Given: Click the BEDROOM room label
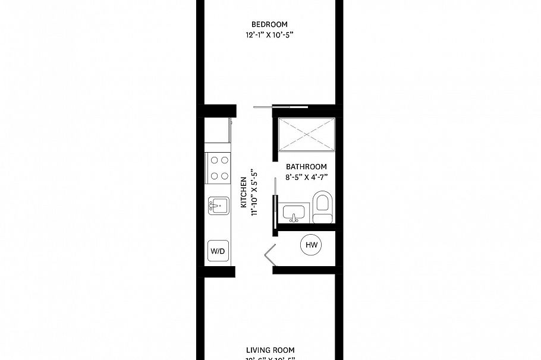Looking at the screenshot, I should point(269,24).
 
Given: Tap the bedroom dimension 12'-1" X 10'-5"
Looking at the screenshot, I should point(269,35).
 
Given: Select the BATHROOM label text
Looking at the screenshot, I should point(306,167).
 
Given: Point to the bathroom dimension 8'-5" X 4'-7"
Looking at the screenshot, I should point(306,177).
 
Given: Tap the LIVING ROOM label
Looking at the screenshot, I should point(270,350).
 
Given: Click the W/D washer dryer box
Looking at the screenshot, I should point(217,251).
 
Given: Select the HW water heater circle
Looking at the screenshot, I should point(311,244).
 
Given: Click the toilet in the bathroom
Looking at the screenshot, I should point(322,206).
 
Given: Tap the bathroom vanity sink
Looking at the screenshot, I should point(294,211).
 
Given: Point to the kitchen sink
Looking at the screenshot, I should point(218,206).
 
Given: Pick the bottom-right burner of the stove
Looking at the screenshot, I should point(224,175).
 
